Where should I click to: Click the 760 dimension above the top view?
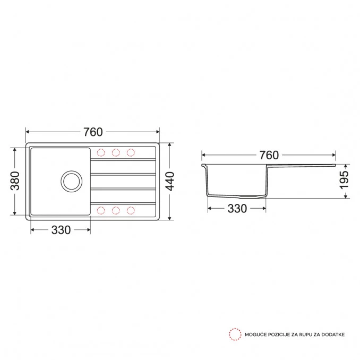[x=93, y=132]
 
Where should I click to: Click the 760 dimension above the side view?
[x=269, y=155]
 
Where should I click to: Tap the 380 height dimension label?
[x=15, y=181]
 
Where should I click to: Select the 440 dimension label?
[x=170, y=181]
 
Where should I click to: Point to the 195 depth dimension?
[x=344, y=180]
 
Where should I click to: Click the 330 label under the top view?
[x=61, y=230]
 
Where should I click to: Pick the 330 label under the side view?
[x=237, y=209]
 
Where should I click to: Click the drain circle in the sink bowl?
[x=72, y=181]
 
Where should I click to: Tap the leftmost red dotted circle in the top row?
[x=101, y=152]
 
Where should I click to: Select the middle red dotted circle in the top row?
[x=116, y=152]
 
